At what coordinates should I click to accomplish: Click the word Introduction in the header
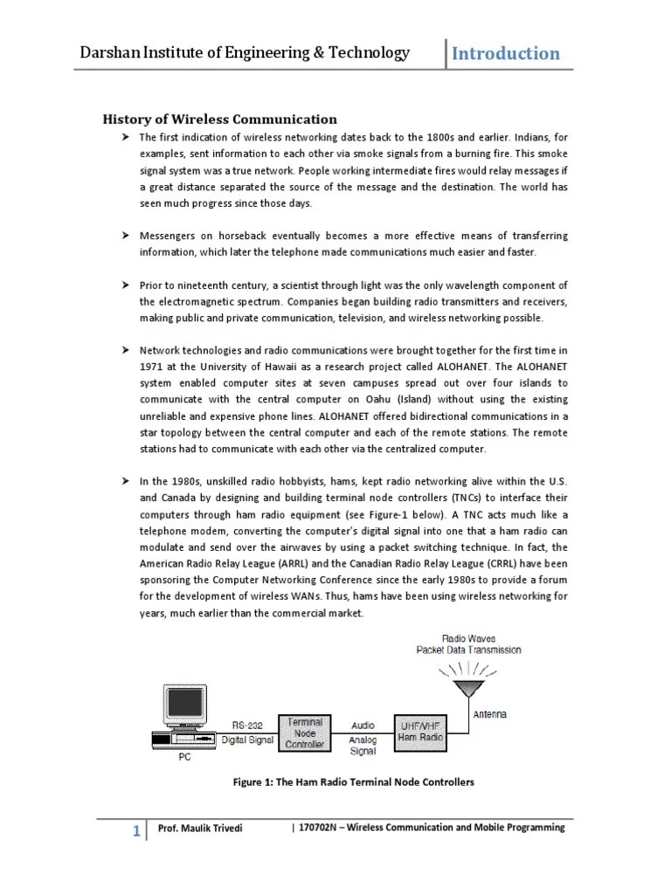(506, 53)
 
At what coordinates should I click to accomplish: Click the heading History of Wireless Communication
(220, 119)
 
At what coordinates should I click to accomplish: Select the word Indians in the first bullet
(521, 138)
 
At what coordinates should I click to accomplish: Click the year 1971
(152, 367)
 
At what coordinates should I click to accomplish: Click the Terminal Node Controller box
(304, 733)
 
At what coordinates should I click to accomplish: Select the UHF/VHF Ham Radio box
(421, 732)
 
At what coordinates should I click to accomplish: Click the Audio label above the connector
(363, 725)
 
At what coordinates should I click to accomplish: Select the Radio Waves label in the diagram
(468, 637)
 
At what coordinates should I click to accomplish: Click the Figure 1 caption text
(353, 782)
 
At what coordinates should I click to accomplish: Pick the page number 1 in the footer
(136, 831)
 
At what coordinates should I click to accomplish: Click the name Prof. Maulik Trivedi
(200, 829)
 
